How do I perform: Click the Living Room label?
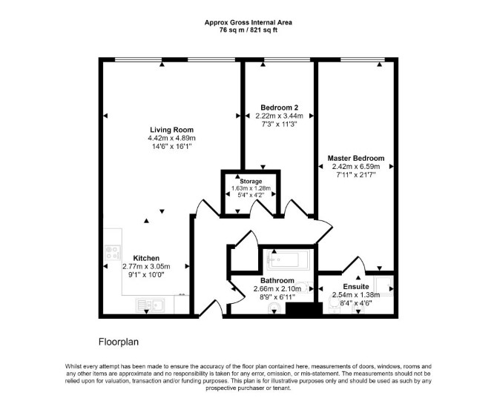click(171, 130)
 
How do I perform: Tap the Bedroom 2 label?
click(279, 107)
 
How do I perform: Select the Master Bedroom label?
click(355, 158)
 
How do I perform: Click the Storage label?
click(251, 182)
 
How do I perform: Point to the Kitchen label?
click(146, 258)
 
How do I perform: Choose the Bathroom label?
click(277, 281)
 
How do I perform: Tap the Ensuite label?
click(356, 287)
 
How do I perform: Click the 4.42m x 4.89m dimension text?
click(171, 138)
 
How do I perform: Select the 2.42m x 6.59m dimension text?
click(355, 167)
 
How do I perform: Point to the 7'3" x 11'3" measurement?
click(279, 125)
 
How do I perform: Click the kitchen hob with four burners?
click(113, 253)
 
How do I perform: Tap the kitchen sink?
click(151, 305)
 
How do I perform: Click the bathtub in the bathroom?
click(288, 259)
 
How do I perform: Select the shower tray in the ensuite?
click(384, 285)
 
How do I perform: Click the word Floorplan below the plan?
click(119, 342)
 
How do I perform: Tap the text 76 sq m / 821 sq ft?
click(249, 30)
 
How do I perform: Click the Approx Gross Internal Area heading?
click(249, 22)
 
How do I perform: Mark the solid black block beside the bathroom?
click(304, 308)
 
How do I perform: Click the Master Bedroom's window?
click(363, 59)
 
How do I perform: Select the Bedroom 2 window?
click(287, 59)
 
